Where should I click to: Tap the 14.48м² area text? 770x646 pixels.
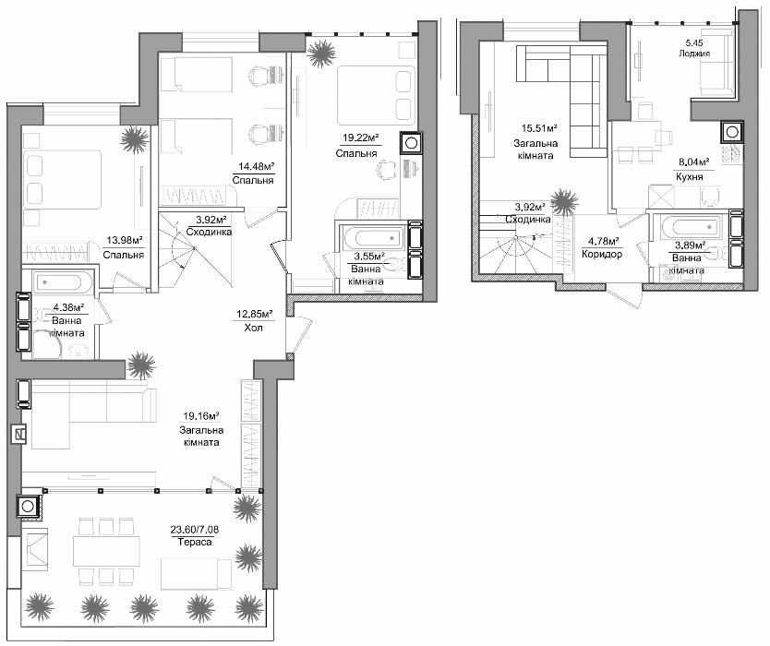click(253, 167)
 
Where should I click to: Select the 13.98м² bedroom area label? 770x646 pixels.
click(125, 240)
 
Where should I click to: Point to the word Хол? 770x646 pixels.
click(253, 328)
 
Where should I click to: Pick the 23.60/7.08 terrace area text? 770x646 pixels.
click(195, 530)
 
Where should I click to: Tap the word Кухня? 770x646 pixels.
click(690, 176)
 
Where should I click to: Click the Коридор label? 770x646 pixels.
click(602, 255)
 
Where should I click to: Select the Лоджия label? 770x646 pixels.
click(694, 54)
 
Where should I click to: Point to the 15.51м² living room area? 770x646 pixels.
click(539, 128)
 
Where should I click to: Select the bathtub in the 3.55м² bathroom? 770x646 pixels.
click(375, 239)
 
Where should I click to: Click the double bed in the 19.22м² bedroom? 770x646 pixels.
click(376, 95)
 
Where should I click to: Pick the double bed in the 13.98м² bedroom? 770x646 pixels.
click(63, 179)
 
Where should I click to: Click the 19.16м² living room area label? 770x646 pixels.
click(201, 417)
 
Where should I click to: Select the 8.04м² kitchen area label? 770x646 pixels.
click(690, 162)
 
